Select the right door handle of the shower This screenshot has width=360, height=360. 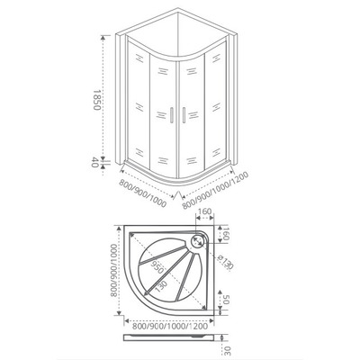(182, 115)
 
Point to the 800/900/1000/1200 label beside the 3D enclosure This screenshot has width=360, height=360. (217, 190)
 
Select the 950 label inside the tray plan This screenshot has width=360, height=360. (158, 267)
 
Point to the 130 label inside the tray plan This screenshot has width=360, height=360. (160, 285)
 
